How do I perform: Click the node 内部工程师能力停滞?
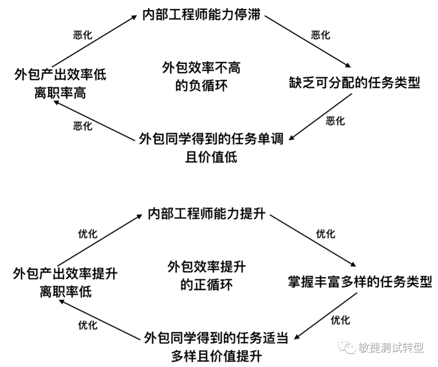pos(201,16)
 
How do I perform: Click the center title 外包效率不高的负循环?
pos(201,76)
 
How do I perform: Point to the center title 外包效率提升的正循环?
pos(206,275)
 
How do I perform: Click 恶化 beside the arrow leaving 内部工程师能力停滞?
pos(320,35)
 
